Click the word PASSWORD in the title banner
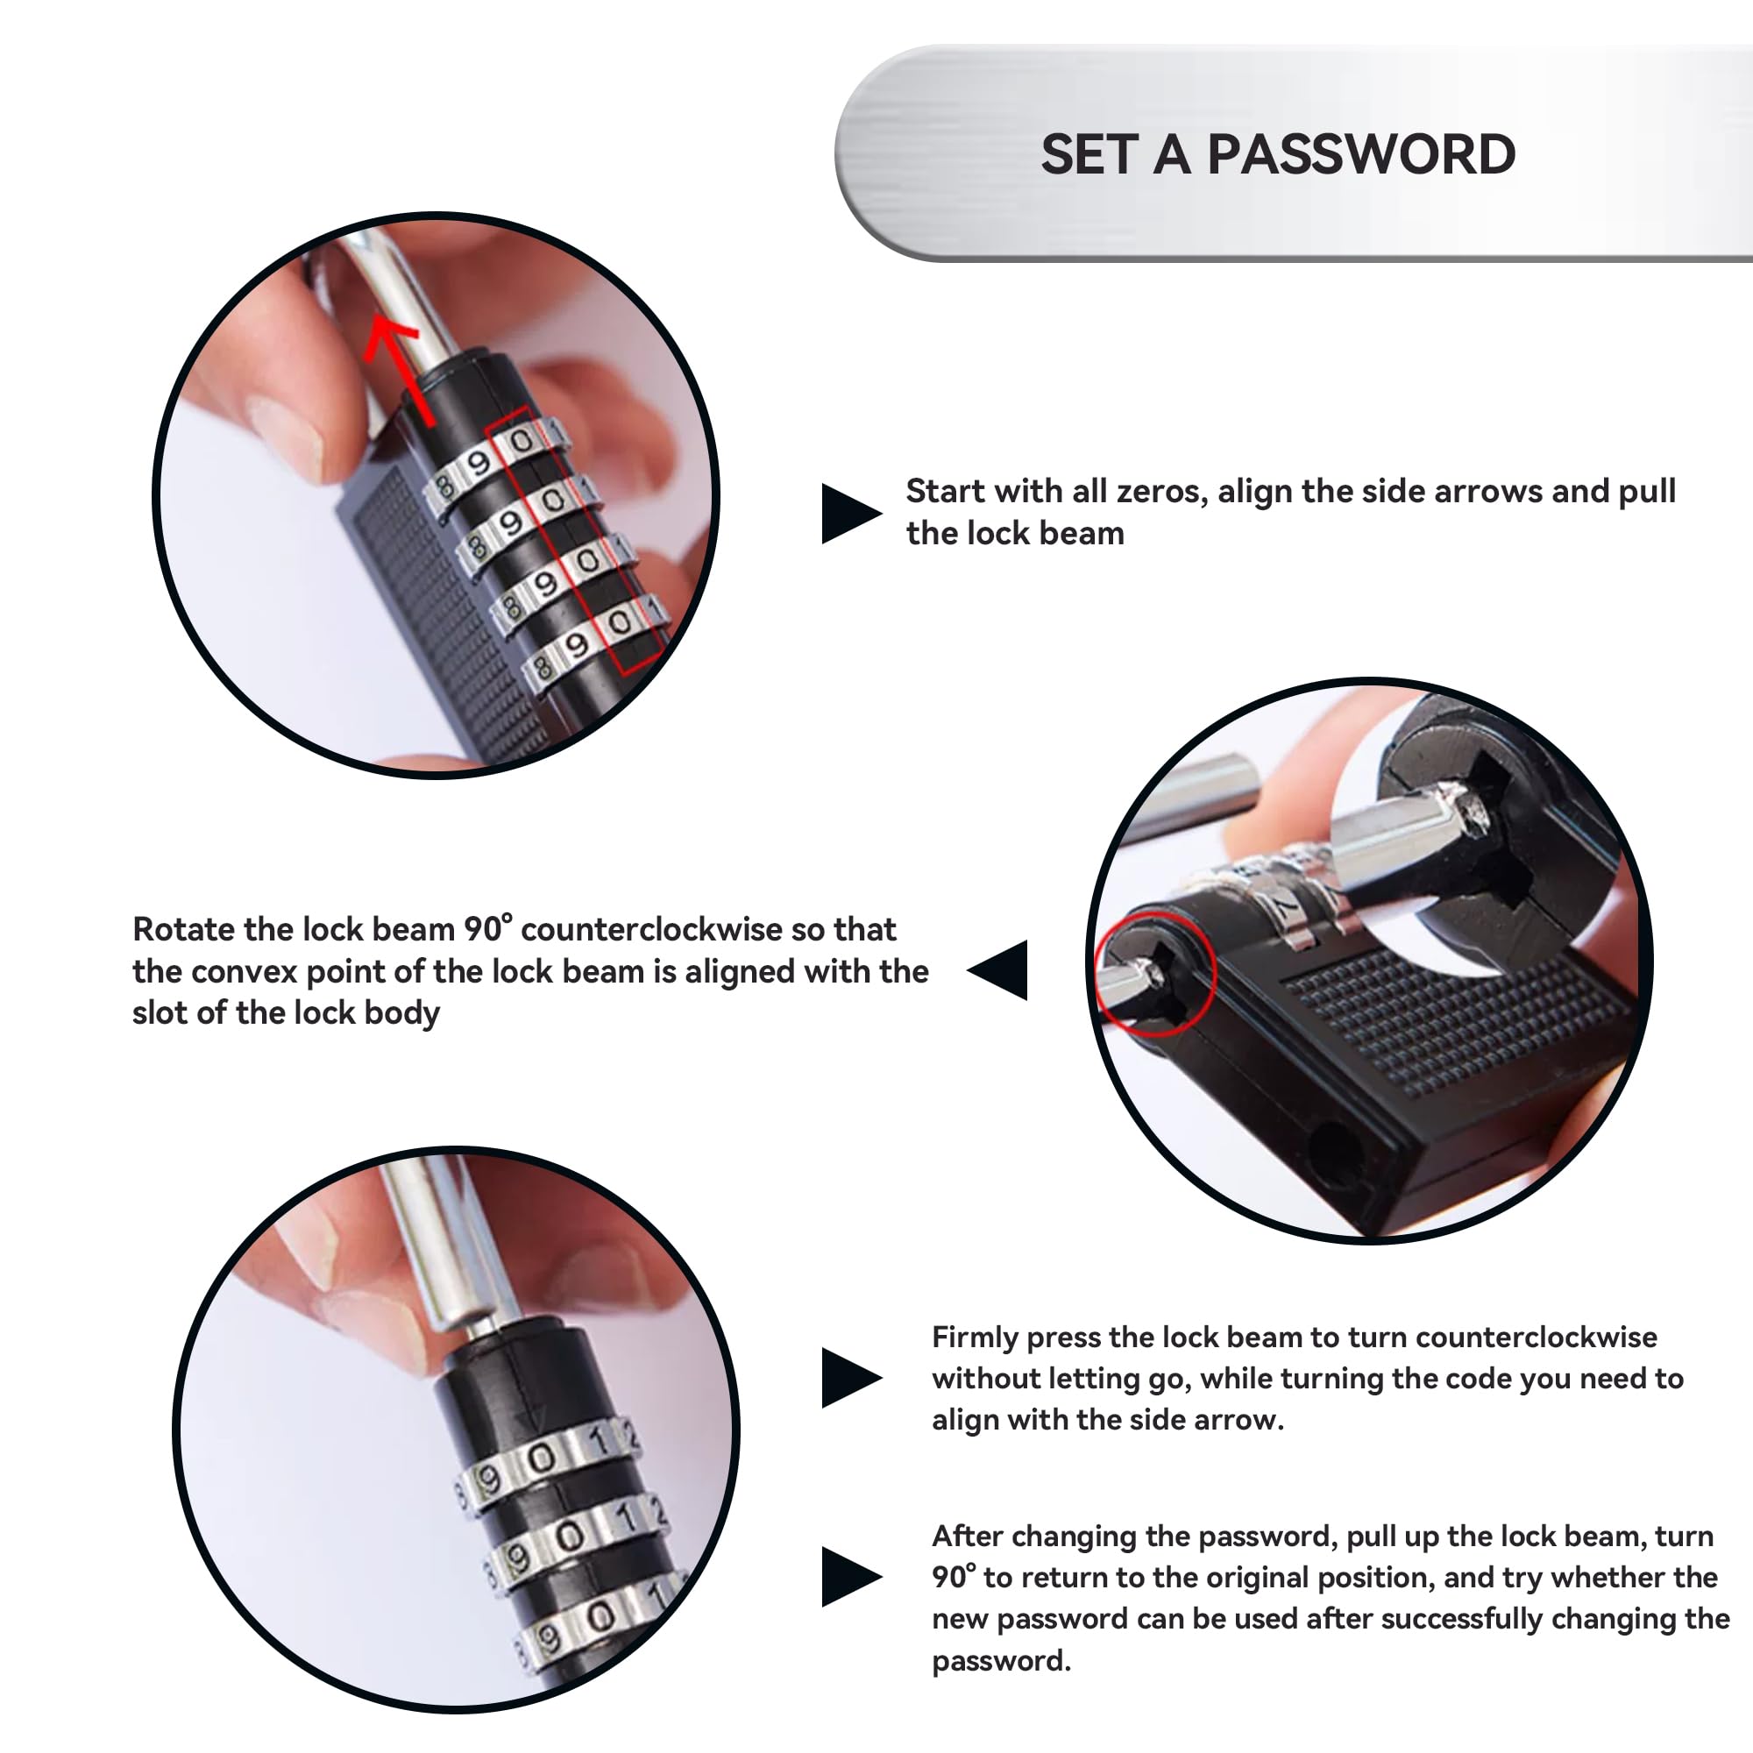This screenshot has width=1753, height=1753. [x=1361, y=154]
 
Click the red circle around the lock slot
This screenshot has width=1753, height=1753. [x=1154, y=974]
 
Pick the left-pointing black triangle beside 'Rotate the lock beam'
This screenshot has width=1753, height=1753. [x=997, y=970]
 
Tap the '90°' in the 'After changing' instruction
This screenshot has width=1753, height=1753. [x=955, y=1577]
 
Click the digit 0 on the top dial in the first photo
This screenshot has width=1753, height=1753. [x=521, y=442]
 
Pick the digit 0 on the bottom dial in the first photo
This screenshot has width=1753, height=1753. [x=620, y=622]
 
